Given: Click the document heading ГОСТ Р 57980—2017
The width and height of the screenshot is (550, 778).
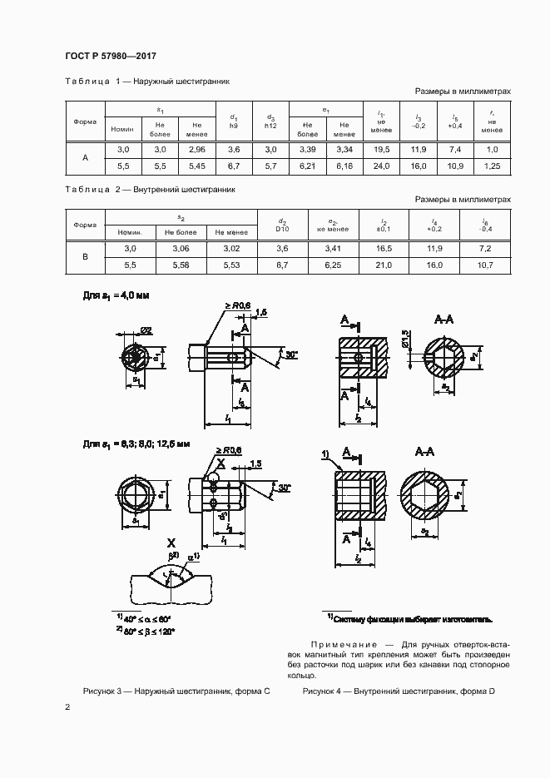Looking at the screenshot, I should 110,56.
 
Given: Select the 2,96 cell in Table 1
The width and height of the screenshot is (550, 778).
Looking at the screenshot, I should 196,149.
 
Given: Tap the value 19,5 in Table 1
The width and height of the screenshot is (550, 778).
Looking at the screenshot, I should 383,149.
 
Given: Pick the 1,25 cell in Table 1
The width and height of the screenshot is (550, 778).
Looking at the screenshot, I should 492,166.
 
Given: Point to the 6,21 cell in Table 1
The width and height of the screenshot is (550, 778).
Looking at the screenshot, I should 307,166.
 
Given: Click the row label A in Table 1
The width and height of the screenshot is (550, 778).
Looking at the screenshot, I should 85,157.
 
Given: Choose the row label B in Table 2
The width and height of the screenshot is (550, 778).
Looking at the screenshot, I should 85,257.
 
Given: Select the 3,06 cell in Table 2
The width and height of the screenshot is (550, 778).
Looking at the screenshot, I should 181,248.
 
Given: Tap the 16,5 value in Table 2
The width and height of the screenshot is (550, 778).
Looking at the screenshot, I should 383,248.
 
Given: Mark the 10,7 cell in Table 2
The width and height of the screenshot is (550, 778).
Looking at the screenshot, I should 486,265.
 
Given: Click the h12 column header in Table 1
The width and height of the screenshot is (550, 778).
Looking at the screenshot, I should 270,126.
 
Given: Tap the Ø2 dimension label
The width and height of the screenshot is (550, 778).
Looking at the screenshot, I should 145,330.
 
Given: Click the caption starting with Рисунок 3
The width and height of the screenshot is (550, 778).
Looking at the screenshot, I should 176,691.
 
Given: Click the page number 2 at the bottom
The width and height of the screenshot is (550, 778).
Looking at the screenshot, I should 67,708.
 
